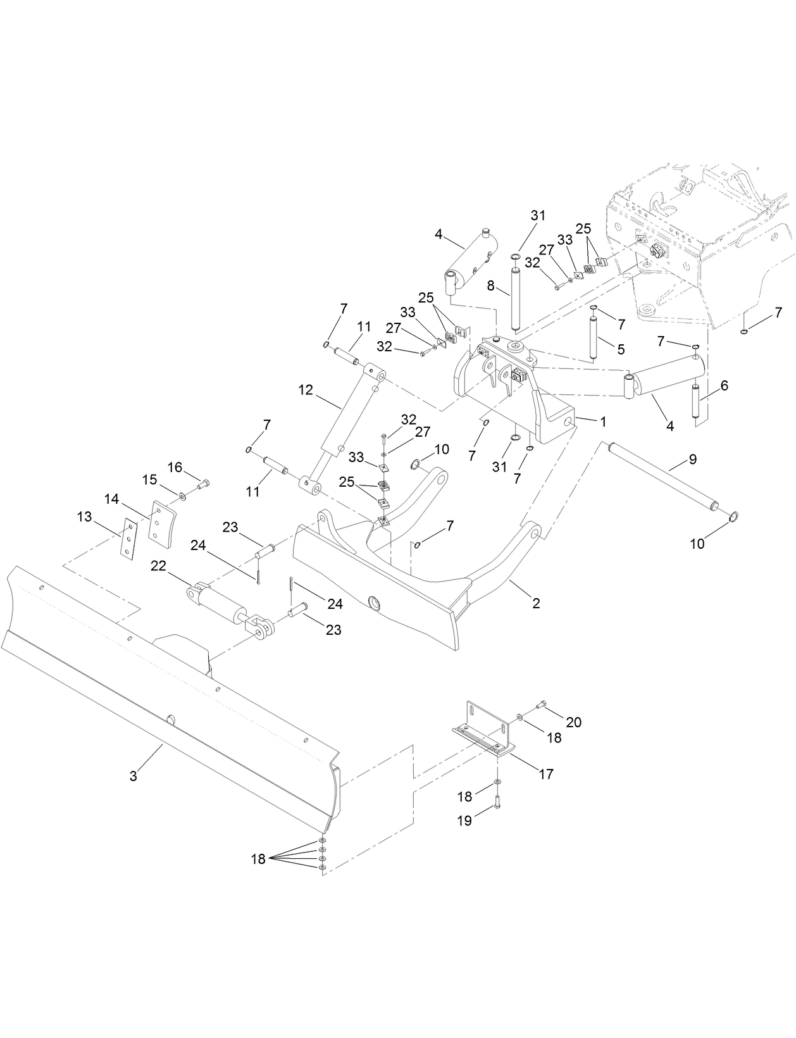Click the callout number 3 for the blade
click(x=134, y=775)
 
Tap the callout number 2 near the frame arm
click(x=536, y=603)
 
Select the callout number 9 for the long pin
click(x=693, y=460)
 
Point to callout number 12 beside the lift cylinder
click(x=306, y=390)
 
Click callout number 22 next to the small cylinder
click(x=158, y=566)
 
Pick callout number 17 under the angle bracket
click(x=545, y=773)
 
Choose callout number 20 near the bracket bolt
click(x=573, y=722)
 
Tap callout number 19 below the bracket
click(x=464, y=820)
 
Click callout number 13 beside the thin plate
click(x=84, y=517)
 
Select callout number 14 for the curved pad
click(x=111, y=499)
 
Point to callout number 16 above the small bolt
click(x=175, y=467)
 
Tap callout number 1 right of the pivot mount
click(x=603, y=421)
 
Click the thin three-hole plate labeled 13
click(x=130, y=539)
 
